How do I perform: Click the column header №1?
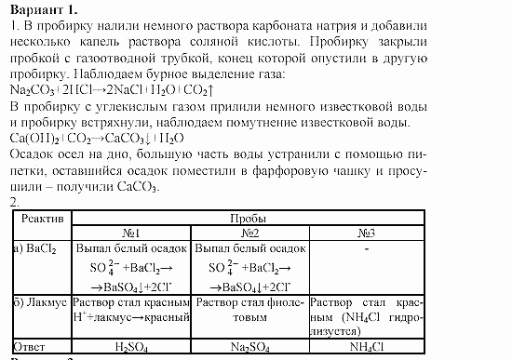click(131, 231)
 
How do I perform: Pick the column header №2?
click(249, 231)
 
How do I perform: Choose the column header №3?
click(367, 231)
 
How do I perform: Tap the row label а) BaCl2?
click(34, 249)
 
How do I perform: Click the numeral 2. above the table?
click(11, 202)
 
